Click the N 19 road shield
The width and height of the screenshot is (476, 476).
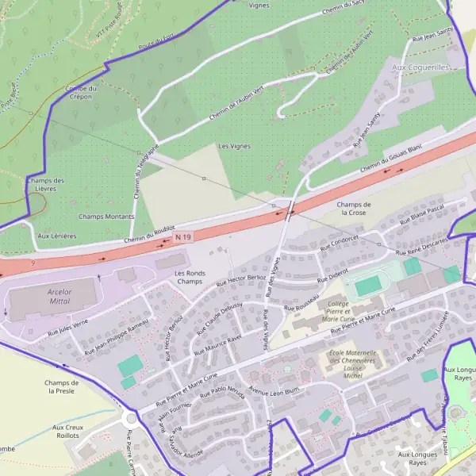point(183,236)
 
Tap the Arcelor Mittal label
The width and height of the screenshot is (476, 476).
point(55,297)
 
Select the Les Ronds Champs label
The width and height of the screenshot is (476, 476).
point(189,277)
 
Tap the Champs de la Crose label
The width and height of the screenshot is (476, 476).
point(352,209)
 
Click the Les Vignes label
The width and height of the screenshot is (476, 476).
point(234,146)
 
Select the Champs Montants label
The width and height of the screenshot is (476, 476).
point(106,216)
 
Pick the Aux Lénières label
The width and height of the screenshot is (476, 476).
point(57,236)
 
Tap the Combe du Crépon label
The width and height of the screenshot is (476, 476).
point(81,92)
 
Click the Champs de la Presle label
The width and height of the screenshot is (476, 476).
point(60,386)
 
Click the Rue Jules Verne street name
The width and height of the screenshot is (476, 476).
point(69,325)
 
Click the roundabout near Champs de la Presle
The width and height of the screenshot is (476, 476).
point(131,419)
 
